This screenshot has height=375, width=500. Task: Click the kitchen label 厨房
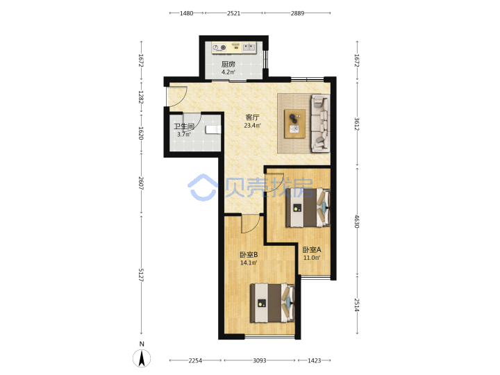(228, 64)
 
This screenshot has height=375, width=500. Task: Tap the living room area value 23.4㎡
(252, 126)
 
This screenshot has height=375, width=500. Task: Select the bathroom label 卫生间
(184, 126)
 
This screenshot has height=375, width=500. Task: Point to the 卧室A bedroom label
(312, 250)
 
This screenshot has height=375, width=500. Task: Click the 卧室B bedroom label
(249, 255)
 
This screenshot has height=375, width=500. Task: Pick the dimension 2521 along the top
(234, 13)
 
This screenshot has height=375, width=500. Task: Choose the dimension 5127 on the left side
(141, 275)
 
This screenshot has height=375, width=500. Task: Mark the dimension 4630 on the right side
(357, 222)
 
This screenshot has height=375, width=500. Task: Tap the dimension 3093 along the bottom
(260, 360)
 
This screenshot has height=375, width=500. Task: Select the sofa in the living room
(320, 123)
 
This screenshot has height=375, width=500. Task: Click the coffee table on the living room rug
(294, 124)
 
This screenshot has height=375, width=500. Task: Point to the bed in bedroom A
(308, 208)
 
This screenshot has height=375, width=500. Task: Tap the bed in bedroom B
(272, 303)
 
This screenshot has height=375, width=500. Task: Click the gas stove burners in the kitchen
(219, 48)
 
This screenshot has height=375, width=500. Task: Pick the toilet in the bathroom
(212, 129)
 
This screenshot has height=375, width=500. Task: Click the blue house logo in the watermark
(203, 187)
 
